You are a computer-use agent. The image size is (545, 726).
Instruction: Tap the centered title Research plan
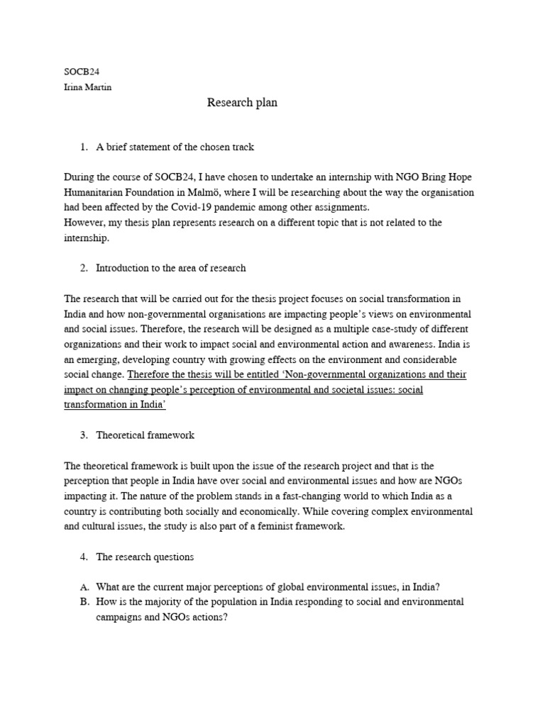[x=242, y=103]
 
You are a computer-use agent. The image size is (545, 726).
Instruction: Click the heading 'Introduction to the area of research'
[x=170, y=268]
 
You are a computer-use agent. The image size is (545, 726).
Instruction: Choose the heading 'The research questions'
[x=145, y=557]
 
